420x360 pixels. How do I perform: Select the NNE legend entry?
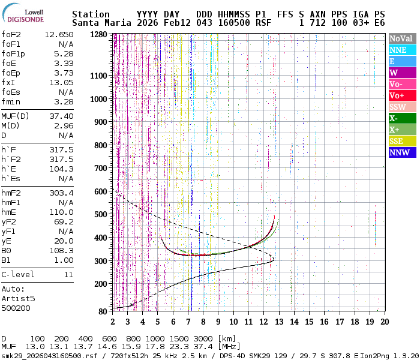tap(403, 50)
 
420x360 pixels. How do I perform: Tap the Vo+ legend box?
tap(403, 95)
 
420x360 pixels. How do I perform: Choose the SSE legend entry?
tap(403, 141)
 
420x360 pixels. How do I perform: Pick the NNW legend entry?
tap(403, 152)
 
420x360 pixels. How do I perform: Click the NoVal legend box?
tap(403, 38)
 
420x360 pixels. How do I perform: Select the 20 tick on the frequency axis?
tap(384, 322)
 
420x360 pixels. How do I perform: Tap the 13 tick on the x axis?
tap(278, 322)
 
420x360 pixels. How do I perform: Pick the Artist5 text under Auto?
tap(18, 298)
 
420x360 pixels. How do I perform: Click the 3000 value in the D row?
tap(203, 338)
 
